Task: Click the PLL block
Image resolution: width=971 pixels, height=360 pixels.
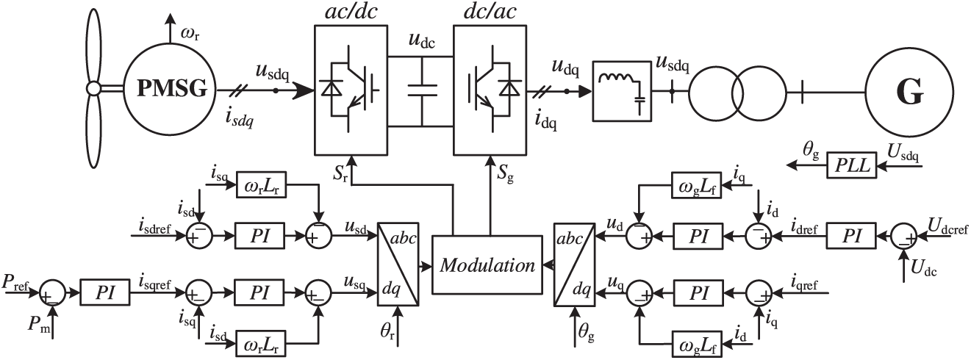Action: (x=851, y=165)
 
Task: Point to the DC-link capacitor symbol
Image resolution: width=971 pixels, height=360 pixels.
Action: (x=422, y=90)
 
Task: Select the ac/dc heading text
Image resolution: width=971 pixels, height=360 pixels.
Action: (x=351, y=12)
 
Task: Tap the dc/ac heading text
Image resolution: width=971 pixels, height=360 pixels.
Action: (x=490, y=12)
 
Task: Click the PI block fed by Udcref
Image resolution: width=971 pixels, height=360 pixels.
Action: (x=851, y=236)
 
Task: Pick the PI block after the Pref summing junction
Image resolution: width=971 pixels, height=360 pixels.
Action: (x=105, y=292)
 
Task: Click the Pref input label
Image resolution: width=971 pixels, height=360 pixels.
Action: (x=15, y=283)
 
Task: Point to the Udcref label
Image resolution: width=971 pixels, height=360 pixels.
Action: (x=947, y=226)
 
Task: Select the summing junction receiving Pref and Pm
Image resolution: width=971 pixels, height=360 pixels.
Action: (x=52, y=293)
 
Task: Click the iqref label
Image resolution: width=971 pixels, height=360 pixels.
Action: (x=804, y=284)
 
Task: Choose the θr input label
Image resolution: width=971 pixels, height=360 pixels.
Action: (x=387, y=331)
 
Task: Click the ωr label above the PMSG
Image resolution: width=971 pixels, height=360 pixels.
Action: (x=190, y=34)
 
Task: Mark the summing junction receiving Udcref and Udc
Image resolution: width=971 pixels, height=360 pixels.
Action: (x=904, y=236)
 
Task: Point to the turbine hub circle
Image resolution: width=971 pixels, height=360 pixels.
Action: (x=93, y=89)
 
